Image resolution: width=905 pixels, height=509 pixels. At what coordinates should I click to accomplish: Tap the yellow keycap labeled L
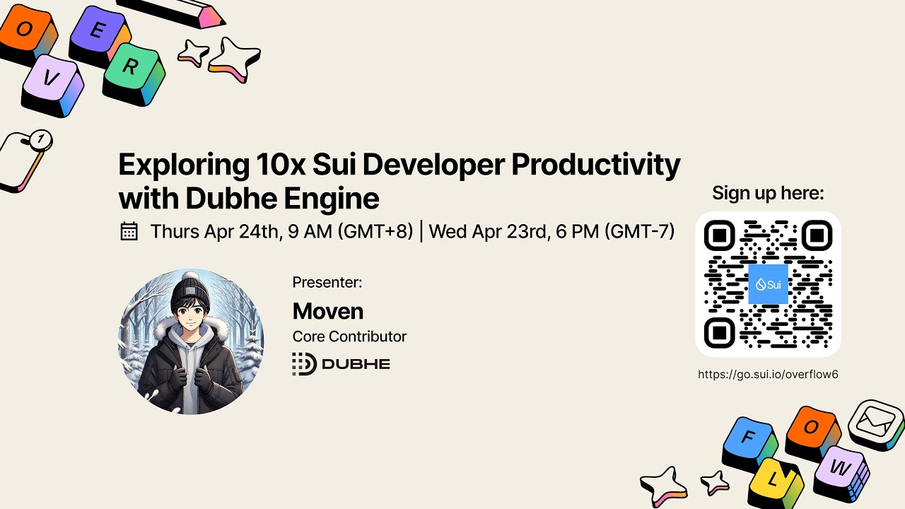tap(773, 481)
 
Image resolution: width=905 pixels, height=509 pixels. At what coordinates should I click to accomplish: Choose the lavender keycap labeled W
tap(840, 467)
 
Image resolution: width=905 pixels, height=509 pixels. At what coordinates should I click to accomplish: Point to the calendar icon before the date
tap(129, 231)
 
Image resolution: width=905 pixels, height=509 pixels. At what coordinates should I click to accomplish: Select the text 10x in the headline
tap(279, 165)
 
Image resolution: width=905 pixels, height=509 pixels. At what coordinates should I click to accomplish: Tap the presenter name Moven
tap(328, 311)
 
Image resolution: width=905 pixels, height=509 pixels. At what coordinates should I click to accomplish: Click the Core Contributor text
tap(349, 337)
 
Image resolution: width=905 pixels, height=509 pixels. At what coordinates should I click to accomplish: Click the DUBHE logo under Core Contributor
tap(341, 364)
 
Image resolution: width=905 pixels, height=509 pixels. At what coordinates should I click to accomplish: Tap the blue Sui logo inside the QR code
tap(768, 284)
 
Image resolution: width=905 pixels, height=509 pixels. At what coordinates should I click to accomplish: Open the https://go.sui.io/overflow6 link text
tap(768, 375)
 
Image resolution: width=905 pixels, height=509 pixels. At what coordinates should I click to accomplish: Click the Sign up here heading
tap(768, 193)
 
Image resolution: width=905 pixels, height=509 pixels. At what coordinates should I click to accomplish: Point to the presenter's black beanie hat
tap(190, 291)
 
